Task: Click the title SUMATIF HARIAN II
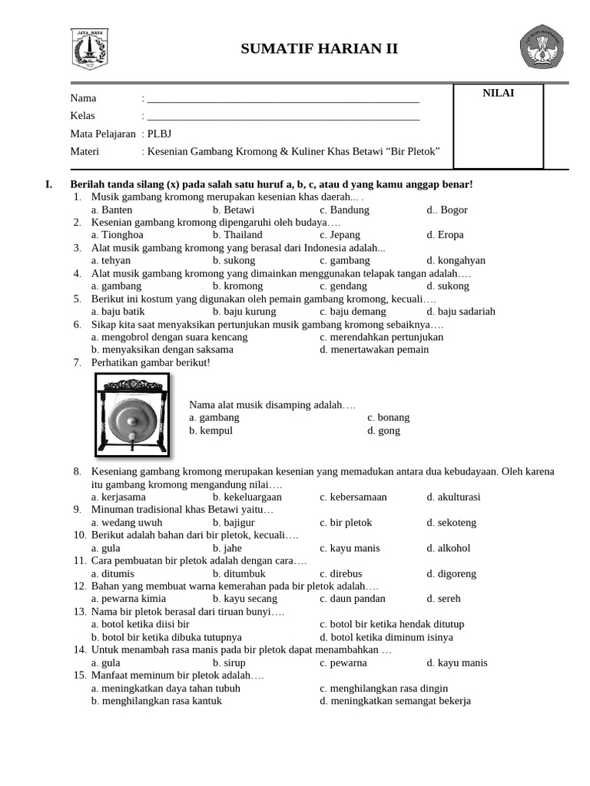(320, 49)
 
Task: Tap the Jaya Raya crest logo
(90, 49)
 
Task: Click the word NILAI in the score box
(498, 94)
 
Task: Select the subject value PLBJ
(160, 134)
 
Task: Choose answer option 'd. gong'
(383, 431)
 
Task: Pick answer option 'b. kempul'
(210, 431)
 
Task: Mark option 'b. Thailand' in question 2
(237, 235)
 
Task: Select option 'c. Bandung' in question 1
(344, 210)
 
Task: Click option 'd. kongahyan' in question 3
(456, 260)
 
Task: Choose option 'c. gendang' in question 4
(344, 286)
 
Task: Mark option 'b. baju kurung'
(244, 312)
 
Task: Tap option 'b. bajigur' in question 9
(236, 523)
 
